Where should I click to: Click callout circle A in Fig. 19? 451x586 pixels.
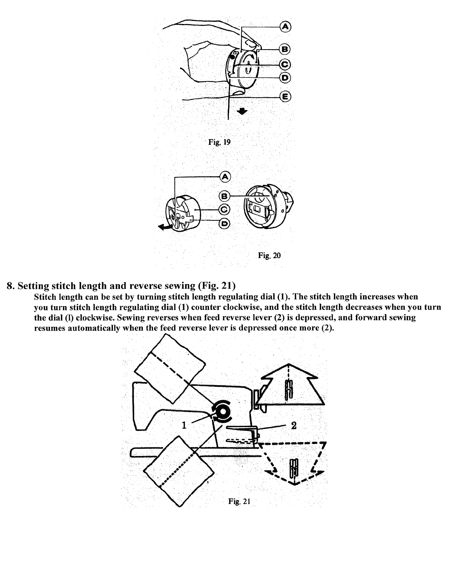pyautogui.click(x=286, y=26)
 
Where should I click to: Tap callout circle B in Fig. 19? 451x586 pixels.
pyautogui.click(x=286, y=49)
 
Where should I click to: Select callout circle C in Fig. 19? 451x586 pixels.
pyautogui.click(x=286, y=64)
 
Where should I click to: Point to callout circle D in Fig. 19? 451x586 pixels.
pyautogui.click(x=286, y=78)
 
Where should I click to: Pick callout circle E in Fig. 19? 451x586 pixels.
pyautogui.click(x=286, y=97)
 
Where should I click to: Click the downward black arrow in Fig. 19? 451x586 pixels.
pyautogui.click(x=243, y=111)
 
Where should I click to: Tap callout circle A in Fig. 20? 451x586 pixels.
pyautogui.click(x=225, y=177)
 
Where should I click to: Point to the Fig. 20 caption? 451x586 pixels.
pyautogui.click(x=269, y=256)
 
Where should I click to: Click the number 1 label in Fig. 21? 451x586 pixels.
pyautogui.click(x=184, y=425)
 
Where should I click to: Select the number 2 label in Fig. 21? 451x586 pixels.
pyautogui.click(x=294, y=425)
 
